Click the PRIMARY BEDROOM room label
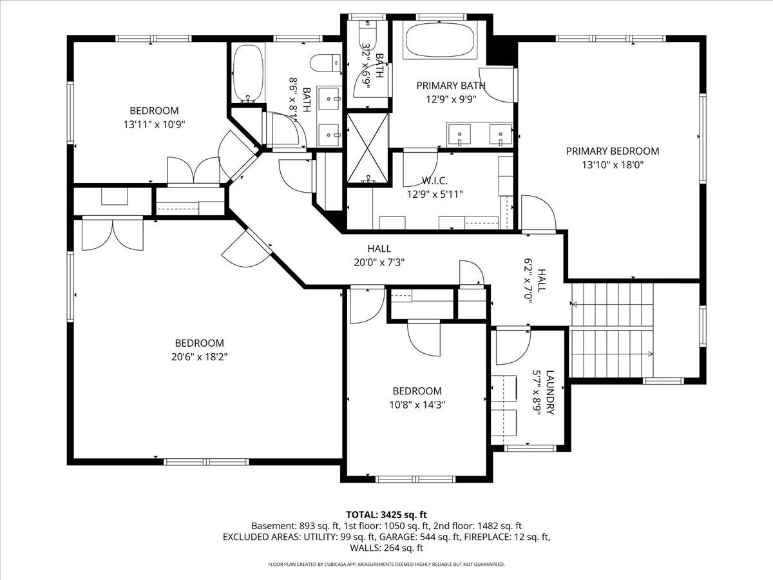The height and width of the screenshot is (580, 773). [x=612, y=151]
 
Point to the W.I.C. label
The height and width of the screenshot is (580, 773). [x=435, y=180]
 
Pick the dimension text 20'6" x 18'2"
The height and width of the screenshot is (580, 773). [x=199, y=356]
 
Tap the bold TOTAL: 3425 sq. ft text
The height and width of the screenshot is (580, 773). [x=386, y=514]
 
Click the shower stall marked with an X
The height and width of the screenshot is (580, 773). [x=368, y=148]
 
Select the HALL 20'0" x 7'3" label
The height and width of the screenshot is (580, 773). [x=379, y=255]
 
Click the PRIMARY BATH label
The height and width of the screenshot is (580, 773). [x=451, y=86]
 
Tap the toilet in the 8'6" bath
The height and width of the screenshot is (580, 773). [x=325, y=63]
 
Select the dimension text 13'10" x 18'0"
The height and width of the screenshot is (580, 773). [x=612, y=164]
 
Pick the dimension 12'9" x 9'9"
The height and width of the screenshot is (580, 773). [x=451, y=99]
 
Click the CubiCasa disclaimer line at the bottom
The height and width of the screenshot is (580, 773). [x=386, y=565]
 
